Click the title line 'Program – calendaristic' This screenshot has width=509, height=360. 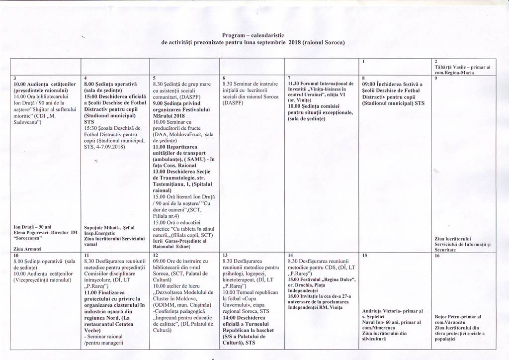[253, 35]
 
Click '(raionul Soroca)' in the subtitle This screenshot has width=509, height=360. [324, 43]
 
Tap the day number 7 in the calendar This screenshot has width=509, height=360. [289, 78]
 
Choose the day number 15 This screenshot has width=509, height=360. [364, 255]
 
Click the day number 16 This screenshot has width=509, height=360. [437, 255]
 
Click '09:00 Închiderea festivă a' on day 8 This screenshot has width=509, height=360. [392, 85]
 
